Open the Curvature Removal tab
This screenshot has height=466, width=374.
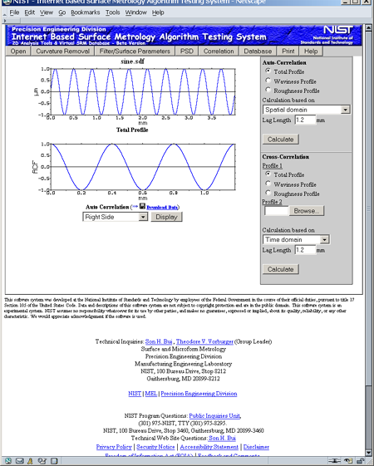(x=62, y=52)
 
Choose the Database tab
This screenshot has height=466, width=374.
(x=257, y=52)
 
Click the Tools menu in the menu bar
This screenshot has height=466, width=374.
(x=113, y=13)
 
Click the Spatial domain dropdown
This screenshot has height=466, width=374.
(x=306, y=109)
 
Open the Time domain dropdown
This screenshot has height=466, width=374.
(x=296, y=239)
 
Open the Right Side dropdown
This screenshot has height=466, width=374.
(x=115, y=217)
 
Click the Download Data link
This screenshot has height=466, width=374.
(x=162, y=207)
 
